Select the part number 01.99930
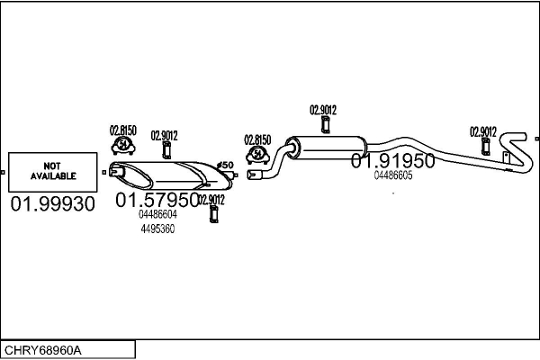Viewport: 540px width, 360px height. click(x=52, y=205)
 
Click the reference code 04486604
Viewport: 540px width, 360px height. click(x=157, y=215)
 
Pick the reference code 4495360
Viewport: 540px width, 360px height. click(x=157, y=229)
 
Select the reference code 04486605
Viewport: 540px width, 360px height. click(x=393, y=175)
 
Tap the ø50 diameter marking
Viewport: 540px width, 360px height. click(x=226, y=165)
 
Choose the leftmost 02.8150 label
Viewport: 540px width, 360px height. click(x=123, y=130)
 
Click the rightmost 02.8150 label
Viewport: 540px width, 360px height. click(x=257, y=139)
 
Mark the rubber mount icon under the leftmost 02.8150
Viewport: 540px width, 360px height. click(x=122, y=147)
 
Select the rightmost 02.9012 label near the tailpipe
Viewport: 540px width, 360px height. click(x=483, y=131)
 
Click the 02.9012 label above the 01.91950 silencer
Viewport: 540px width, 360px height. click(x=323, y=110)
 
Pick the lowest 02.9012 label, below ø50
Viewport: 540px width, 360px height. click(x=211, y=200)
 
